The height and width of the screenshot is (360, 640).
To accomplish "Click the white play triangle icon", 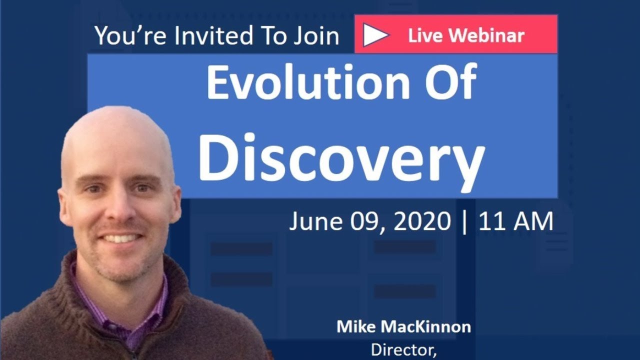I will click(375, 35).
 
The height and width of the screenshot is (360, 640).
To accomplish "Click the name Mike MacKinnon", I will click(403, 327).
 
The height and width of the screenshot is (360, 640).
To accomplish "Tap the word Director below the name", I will click(403, 349).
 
